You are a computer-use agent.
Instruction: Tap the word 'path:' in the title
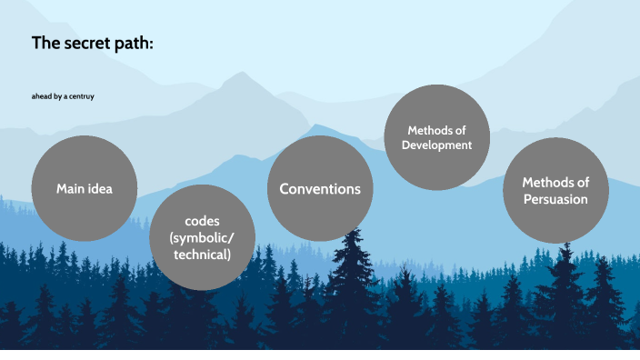pos(133,43)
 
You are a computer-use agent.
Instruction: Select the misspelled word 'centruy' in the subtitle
pos(81,95)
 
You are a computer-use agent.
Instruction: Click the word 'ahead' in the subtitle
pos(42,95)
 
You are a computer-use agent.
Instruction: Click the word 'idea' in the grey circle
pos(98,189)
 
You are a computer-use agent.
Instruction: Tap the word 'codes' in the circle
pos(202,222)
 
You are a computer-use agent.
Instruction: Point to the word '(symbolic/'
pos(202,238)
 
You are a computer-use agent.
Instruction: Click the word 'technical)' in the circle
pos(202,255)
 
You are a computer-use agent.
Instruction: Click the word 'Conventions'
pos(320,189)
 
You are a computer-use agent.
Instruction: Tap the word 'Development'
pos(437,145)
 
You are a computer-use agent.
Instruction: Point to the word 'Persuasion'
pos(555,199)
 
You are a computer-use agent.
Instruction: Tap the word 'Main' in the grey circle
pos(70,189)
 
